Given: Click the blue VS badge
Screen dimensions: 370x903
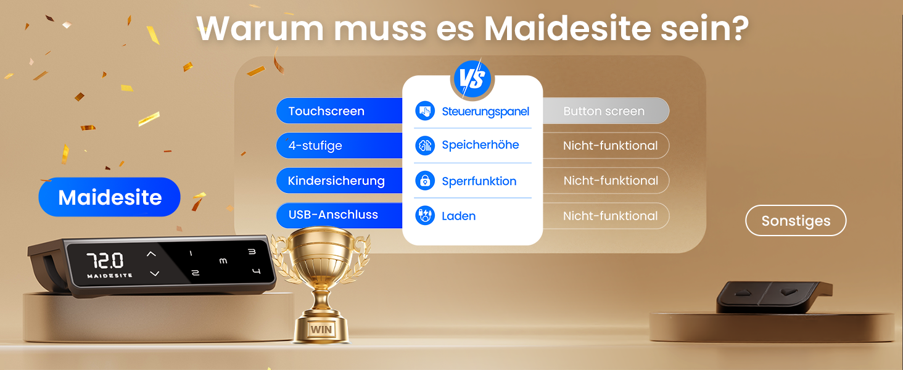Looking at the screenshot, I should click(472, 79).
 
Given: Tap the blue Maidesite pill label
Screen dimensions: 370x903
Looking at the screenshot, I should click(110, 197).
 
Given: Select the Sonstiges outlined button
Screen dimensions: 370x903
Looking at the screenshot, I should click(796, 221).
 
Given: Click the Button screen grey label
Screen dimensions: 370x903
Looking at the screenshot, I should click(604, 111).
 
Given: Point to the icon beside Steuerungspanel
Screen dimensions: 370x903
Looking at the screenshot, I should click(425, 111).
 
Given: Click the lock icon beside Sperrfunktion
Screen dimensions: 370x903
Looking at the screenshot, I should click(425, 181).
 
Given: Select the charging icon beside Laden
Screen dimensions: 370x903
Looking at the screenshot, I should click(425, 216).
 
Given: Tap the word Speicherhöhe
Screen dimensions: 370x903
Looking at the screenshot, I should click(480, 146).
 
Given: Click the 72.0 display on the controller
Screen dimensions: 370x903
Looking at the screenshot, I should click(105, 260).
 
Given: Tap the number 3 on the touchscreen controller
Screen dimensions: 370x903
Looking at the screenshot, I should click(252, 252).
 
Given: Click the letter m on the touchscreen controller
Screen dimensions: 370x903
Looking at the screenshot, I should click(223, 261).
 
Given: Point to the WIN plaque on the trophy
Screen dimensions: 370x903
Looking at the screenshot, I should click(321, 329).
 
